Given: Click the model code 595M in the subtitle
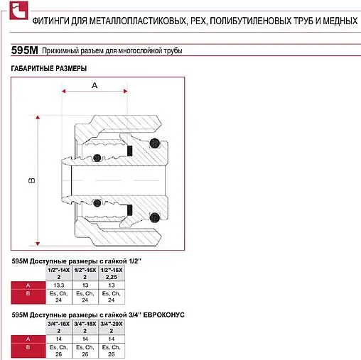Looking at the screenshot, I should coord(25,51).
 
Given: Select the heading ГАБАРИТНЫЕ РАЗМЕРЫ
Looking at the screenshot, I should coord(49,69).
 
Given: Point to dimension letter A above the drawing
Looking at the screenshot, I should coord(95,84).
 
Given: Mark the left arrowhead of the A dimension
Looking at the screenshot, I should coord(65,92).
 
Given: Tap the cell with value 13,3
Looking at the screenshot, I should coord(59,285).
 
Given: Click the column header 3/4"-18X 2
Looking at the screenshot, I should coord(85,327).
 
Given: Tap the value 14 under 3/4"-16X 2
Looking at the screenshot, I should coord(59,339).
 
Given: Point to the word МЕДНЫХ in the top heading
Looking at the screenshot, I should coord(338,20).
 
